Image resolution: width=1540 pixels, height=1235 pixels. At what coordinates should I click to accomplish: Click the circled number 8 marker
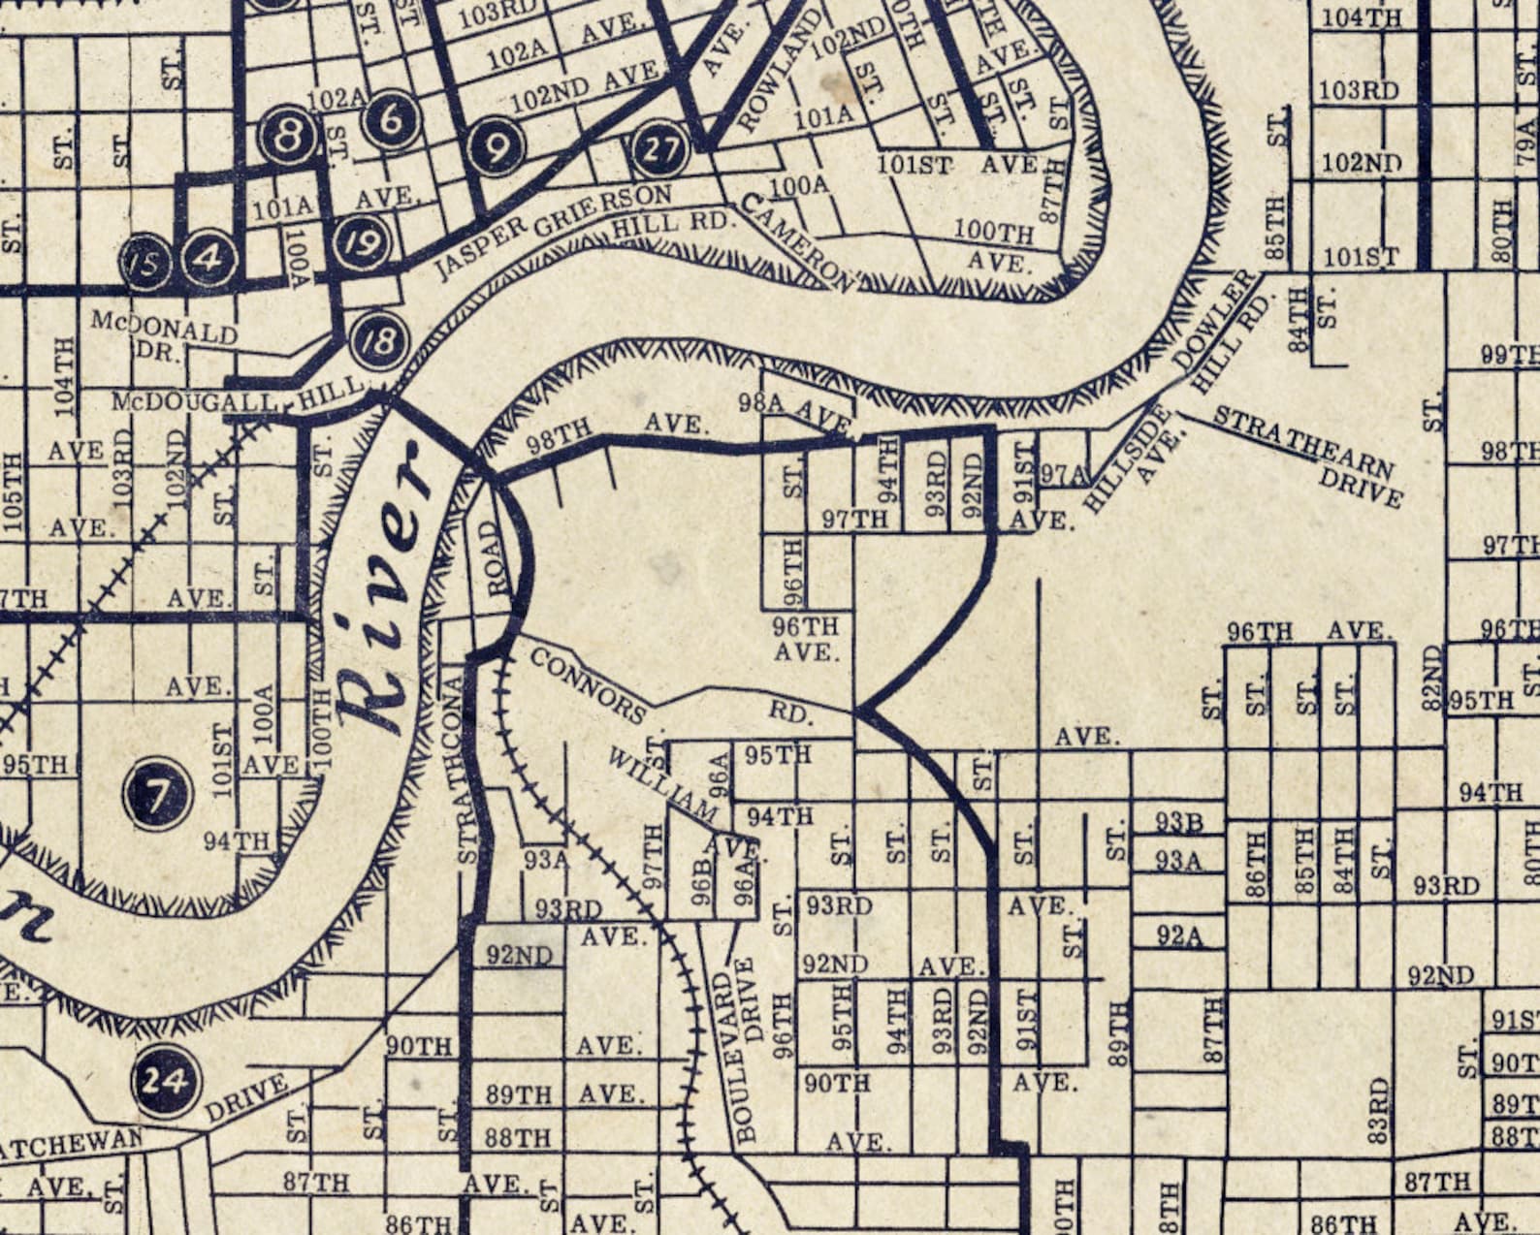click(289, 136)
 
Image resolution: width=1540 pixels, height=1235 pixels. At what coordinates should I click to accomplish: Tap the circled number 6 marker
click(391, 119)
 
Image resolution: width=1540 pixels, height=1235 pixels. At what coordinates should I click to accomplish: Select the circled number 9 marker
click(496, 148)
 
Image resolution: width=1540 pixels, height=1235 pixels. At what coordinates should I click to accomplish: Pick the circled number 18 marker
click(379, 340)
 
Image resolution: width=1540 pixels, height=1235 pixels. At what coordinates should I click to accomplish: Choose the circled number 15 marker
click(145, 264)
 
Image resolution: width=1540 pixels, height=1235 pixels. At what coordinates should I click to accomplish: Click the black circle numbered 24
click(165, 1080)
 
